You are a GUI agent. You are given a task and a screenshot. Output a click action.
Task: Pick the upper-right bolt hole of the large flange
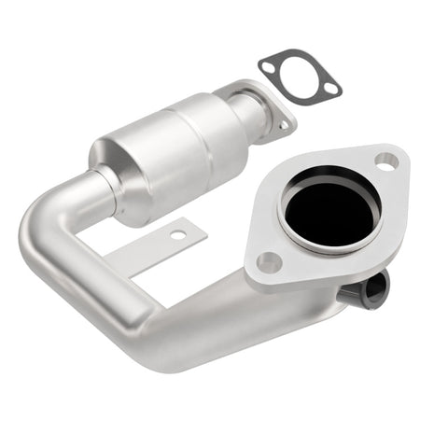[x=385, y=161]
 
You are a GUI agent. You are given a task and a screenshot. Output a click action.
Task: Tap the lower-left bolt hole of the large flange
[x=269, y=262]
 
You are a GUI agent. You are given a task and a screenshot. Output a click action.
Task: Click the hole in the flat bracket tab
[x=176, y=235]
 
